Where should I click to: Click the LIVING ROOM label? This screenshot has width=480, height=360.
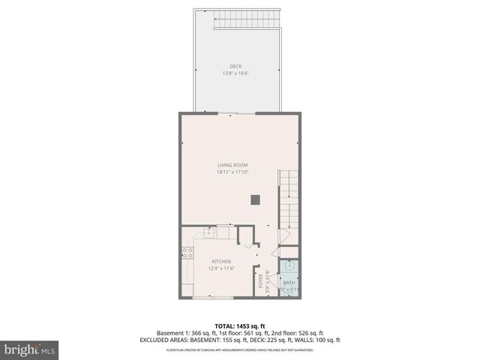(x=232, y=165)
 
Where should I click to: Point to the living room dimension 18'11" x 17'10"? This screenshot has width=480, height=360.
(x=232, y=172)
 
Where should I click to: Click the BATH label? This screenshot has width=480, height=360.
(x=289, y=283)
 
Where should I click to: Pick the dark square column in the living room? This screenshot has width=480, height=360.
(x=256, y=199)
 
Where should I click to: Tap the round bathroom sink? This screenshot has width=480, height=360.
(x=289, y=265)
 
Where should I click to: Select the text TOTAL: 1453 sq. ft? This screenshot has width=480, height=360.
(x=239, y=325)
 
